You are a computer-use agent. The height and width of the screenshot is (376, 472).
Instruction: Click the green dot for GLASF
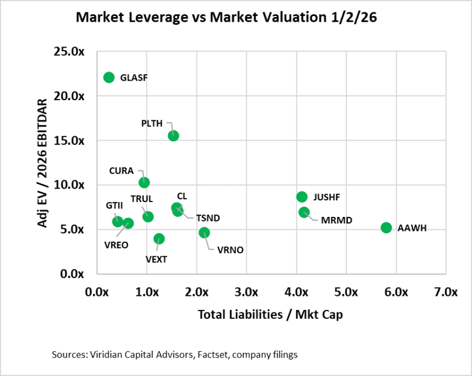click(x=109, y=77)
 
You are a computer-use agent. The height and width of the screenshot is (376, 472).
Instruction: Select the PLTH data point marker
click(x=173, y=136)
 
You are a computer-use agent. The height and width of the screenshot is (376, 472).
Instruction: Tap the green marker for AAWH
click(x=386, y=227)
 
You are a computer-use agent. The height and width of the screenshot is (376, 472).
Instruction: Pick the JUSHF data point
click(x=302, y=197)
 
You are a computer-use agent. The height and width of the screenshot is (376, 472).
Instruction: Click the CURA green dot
click(x=144, y=183)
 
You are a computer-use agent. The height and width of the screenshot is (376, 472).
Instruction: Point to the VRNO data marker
click(x=204, y=233)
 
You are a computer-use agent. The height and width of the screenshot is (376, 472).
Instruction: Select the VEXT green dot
click(x=159, y=239)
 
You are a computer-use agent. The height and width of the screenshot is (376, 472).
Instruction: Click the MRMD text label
click(x=336, y=220)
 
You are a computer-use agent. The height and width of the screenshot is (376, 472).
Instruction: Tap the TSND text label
click(x=208, y=218)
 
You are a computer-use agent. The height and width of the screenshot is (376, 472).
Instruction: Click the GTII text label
click(x=114, y=206)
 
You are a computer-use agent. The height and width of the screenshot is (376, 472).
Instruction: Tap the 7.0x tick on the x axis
click(x=445, y=292)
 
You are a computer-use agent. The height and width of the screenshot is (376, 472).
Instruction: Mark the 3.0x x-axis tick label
click(x=247, y=292)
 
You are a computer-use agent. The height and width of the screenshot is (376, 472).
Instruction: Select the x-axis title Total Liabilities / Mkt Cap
click(x=270, y=315)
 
